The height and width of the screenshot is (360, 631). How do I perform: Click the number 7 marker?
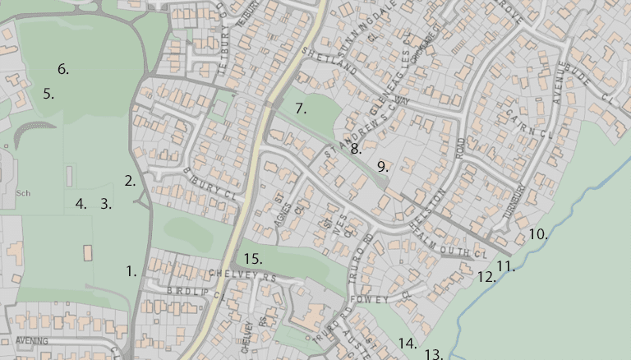[x=301, y=108]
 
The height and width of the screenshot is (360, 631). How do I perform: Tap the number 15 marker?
[x=252, y=259]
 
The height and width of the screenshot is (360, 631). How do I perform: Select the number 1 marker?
[x=131, y=270]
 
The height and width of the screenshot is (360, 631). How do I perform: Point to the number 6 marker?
[x=63, y=69]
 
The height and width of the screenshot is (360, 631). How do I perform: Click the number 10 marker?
[x=537, y=234]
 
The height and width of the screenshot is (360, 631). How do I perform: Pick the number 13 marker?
[x=434, y=354]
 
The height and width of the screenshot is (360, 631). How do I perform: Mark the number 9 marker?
[x=382, y=166]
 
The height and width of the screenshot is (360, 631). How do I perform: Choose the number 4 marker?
[x=81, y=204]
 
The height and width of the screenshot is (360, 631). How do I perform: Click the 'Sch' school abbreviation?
[x=22, y=193]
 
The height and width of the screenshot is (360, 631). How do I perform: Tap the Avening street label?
[x=30, y=340]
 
